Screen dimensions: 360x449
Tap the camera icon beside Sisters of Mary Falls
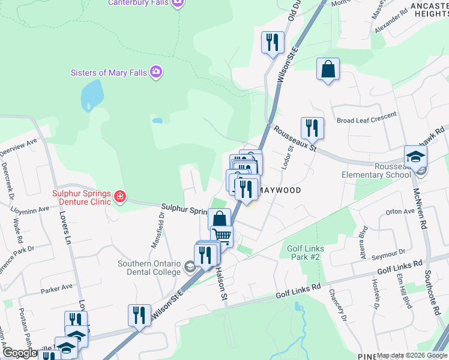pyautogui.click(x=157, y=73)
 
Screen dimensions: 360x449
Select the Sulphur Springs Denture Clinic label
pyautogui.click(x=81, y=197)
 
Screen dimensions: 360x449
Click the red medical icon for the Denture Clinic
pyautogui.click(x=119, y=196)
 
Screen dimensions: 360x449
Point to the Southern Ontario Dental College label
pyautogui.click(x=150, y=268)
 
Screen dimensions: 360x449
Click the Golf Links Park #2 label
pyautogui.click(x=306, y=253)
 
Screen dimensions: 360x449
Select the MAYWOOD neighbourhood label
pyautogui.click(x=280, y=190)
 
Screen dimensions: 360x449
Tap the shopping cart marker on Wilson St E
pyautogui.click(x=222, y=236)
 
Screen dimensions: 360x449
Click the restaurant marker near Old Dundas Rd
pyautogui.click(x=272, y=43)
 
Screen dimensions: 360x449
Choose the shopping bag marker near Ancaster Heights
pyautogui.click(x=328, y=69)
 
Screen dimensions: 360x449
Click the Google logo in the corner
pyautogui.click(x=20, y=353)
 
